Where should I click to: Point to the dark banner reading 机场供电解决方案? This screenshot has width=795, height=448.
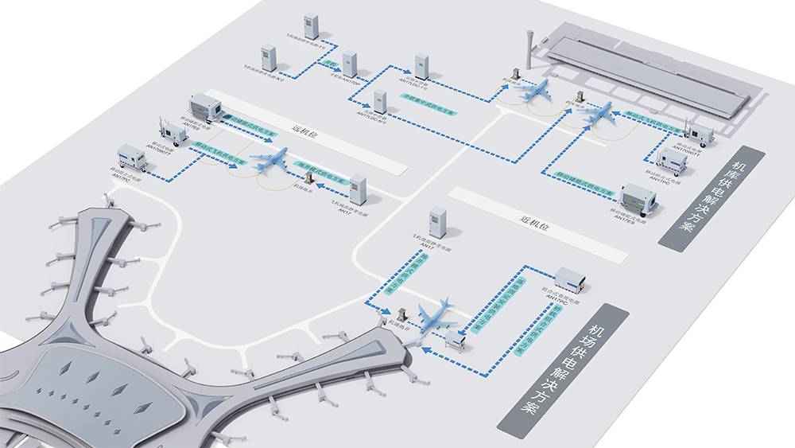point(563,370)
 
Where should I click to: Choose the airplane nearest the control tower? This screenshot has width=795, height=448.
point(536,90)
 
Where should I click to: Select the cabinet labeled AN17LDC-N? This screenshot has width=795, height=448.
point(380,102)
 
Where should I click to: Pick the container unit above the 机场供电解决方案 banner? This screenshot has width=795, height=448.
point(571,279)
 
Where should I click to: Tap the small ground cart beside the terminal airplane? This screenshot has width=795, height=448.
point(456,341)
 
